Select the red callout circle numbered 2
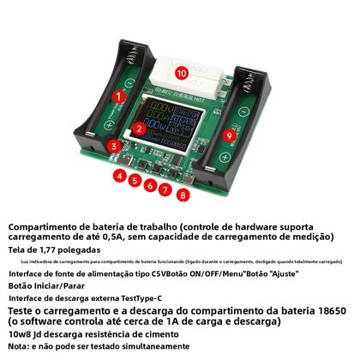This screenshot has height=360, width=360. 138,129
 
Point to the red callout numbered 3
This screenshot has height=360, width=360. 114,147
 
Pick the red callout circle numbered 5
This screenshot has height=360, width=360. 135,180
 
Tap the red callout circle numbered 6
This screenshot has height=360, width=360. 151,185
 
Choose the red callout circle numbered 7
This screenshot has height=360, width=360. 165,190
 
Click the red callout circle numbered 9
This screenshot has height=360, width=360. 229,135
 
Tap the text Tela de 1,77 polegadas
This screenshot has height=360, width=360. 52,248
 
